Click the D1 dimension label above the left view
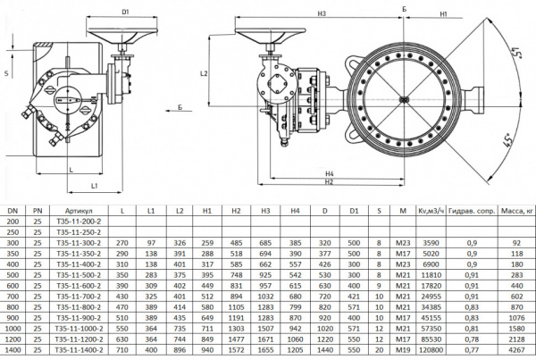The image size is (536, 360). coord(126,13)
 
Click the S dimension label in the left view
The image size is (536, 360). coord(7,74)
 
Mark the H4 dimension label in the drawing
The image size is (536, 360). coord(329,172)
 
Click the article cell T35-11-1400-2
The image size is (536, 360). coord(79,353)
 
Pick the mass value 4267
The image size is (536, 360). coord(515,353)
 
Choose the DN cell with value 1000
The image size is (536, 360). coord(13,331)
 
